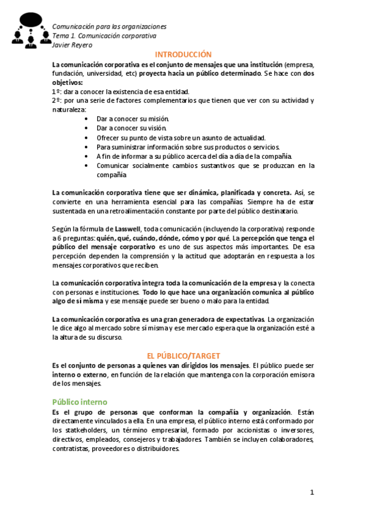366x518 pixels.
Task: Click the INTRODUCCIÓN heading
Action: pos(183,54)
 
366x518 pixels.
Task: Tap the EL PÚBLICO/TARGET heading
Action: pos(183,356)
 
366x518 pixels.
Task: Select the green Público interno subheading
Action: pos(79,402)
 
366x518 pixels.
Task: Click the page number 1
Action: pos(312,492)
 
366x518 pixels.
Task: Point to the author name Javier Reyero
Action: pos(73,45)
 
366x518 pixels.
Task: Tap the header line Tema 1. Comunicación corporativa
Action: pos(104,36)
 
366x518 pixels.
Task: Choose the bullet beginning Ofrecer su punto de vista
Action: pos(181,137)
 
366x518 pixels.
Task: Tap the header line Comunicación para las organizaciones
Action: pos(109,27)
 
